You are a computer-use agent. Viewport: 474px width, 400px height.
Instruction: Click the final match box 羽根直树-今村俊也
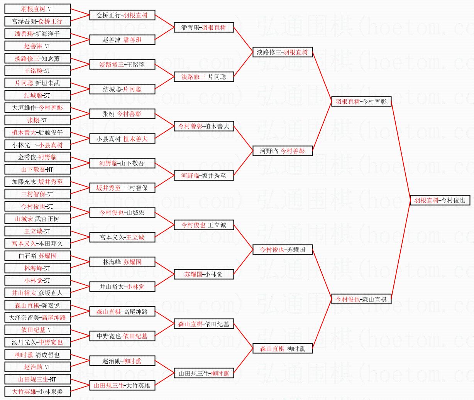pyautogui.click(x=440, y=200)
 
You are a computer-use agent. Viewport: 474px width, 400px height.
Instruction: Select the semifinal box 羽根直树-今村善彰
pyautogui.click(x=361, y=101)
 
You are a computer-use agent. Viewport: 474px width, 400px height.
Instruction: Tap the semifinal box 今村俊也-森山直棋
pyautogui.click(x=361, y=299)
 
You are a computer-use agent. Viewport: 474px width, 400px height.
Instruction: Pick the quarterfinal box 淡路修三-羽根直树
pyautogui.click(x=283, y=52)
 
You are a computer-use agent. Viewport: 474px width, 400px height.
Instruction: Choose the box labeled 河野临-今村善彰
pyautogui.click(x=283, y=151)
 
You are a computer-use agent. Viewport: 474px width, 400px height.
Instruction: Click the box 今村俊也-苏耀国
pyautogui.click(x=283, y=250)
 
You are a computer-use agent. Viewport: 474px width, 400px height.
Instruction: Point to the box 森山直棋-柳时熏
pyautogui.click(x=283, y=348)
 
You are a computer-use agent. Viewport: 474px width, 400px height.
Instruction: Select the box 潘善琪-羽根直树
pyautogui.click(x=204, y=27)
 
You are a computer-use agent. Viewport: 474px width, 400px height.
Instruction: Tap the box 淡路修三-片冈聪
pyautogui.click(x=204, y=77)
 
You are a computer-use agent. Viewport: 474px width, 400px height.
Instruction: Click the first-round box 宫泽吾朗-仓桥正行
pyautogui.click(x=37, y=21)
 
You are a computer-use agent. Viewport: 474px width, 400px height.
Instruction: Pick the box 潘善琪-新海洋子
pyautogui.click(x=37, y=34)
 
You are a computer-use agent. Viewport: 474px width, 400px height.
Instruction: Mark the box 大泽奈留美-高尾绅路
pyautogui.click(x=37, y=317)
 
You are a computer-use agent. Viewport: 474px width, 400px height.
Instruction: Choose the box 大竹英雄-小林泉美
pyautogui.click(x=37, y=392)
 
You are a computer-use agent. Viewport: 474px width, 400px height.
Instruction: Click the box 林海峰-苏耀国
pyautogui.click(x=122, y=262)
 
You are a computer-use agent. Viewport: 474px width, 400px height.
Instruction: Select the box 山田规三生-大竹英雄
pyautogui.click(x=122, y=385)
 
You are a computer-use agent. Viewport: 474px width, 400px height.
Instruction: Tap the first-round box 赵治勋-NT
pyautogui.click(x=37, y=367)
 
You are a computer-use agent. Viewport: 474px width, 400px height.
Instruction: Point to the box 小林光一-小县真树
pyautogui.click(x=37, y=145)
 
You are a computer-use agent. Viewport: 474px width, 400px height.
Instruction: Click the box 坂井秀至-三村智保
pyautogui.click(x=122, y=188)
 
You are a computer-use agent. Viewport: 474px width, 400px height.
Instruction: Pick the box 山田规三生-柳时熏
pyautogui.click(x=204, y=373)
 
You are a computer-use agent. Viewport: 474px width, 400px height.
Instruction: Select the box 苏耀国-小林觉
pyautogui.click(x=204, y=274)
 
